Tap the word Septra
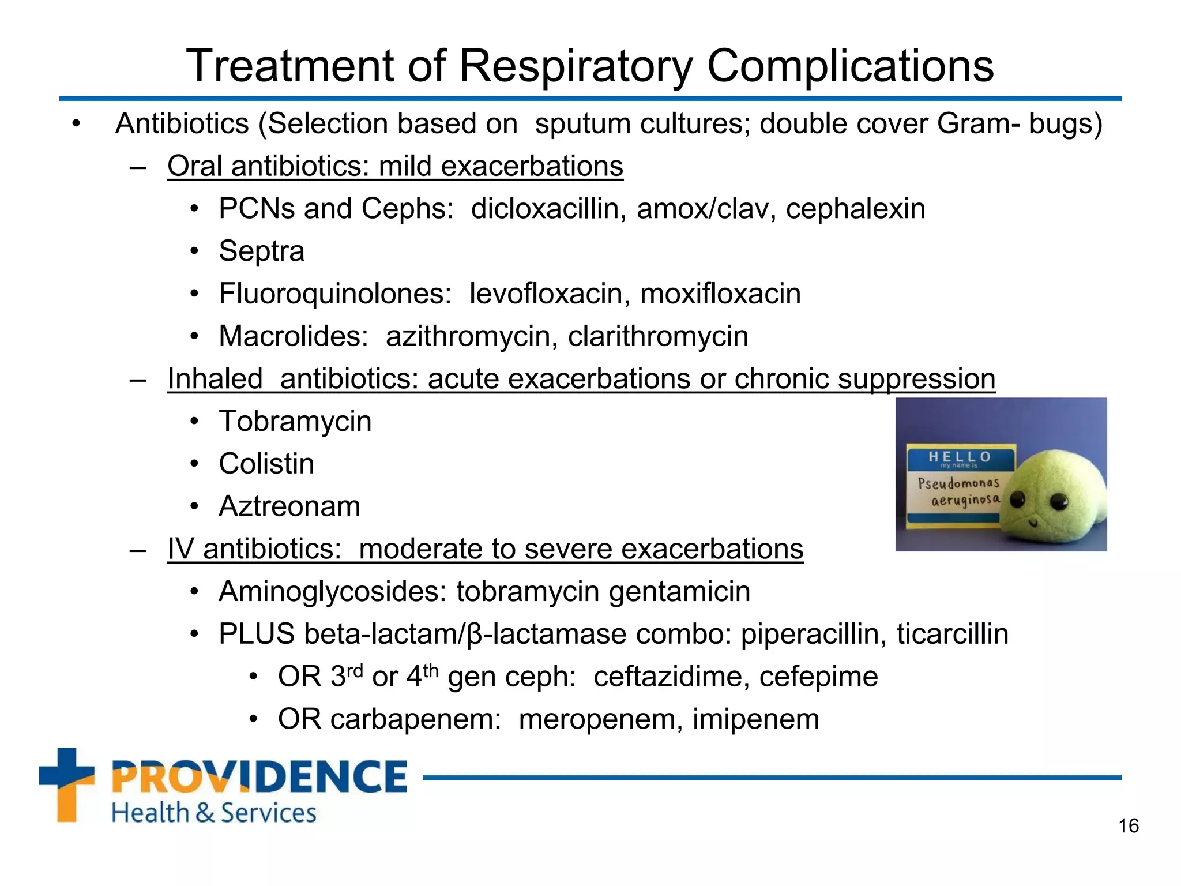261,251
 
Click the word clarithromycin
657,336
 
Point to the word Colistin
266,464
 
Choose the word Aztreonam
289,506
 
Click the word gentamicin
679,592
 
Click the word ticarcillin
952,634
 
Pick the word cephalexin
855,209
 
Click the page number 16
1129,826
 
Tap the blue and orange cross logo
66,784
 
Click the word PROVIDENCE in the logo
259,776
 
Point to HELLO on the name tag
960,457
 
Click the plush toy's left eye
1018,497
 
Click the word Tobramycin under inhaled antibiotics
295,421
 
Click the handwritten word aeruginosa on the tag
965,500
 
